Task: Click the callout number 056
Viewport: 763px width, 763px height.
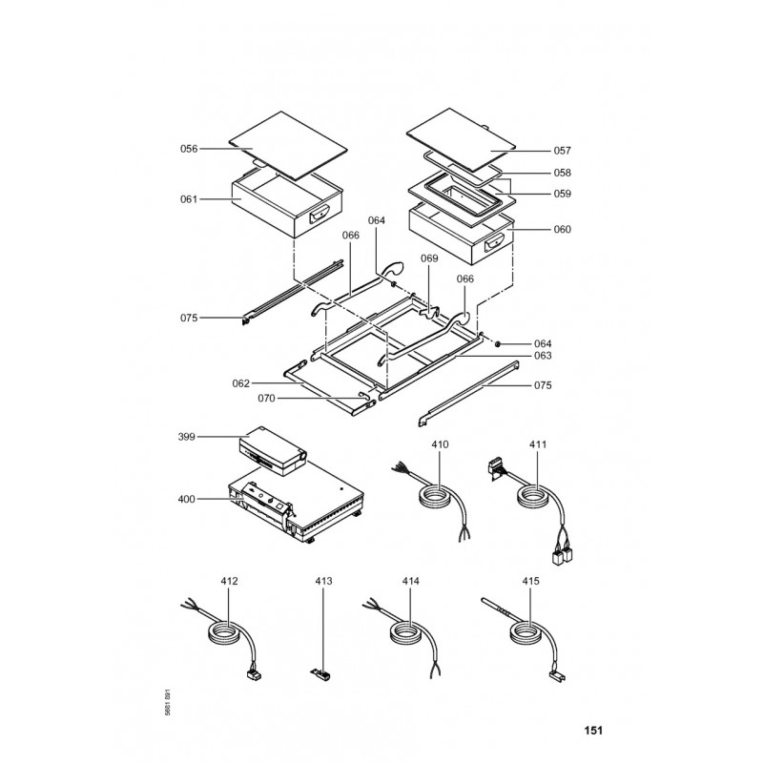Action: tap(189, 149)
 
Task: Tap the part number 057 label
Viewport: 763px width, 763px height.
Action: tap(562, 151)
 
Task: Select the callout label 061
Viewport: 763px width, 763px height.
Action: tap(189, 199)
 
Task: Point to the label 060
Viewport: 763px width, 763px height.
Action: tap(562, 229)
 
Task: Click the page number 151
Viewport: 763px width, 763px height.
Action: tap(593, 732)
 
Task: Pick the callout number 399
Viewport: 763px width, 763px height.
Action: tap(187, 437)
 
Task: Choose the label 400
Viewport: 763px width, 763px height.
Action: tap(187, 498)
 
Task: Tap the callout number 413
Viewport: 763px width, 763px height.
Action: tap(322, 580)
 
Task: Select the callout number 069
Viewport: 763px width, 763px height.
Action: tap(429, 259)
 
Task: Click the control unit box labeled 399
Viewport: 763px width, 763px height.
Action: tap(273, 449)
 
